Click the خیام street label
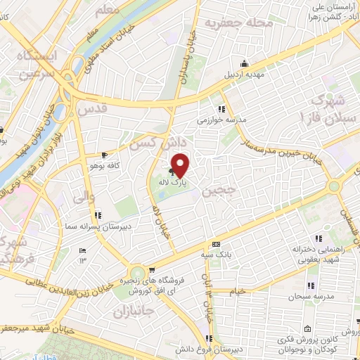coord(239,290)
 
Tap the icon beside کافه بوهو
coord(105,155)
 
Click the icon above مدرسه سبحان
coord(311,285)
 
